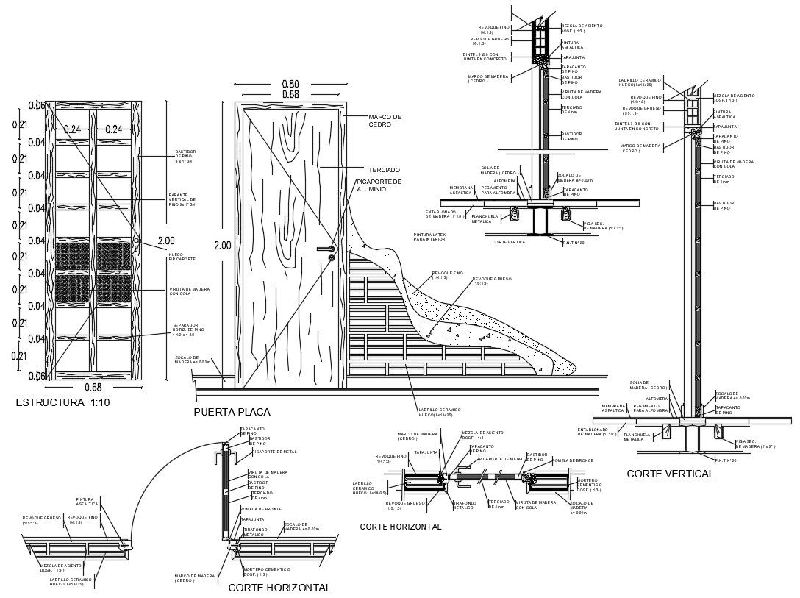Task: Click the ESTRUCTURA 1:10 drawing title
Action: pos(63,403)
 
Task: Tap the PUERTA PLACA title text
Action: pos(232,412)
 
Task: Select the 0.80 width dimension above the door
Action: pos(290,84)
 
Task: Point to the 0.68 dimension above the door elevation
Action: pos(290,94)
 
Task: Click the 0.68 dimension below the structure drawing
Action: pos(93,388)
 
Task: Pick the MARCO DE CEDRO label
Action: pos(385,121)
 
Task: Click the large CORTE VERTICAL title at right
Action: pos(670,474)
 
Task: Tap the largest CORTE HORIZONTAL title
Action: pos(279,588)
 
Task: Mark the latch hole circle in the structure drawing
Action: pos(137,241)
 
